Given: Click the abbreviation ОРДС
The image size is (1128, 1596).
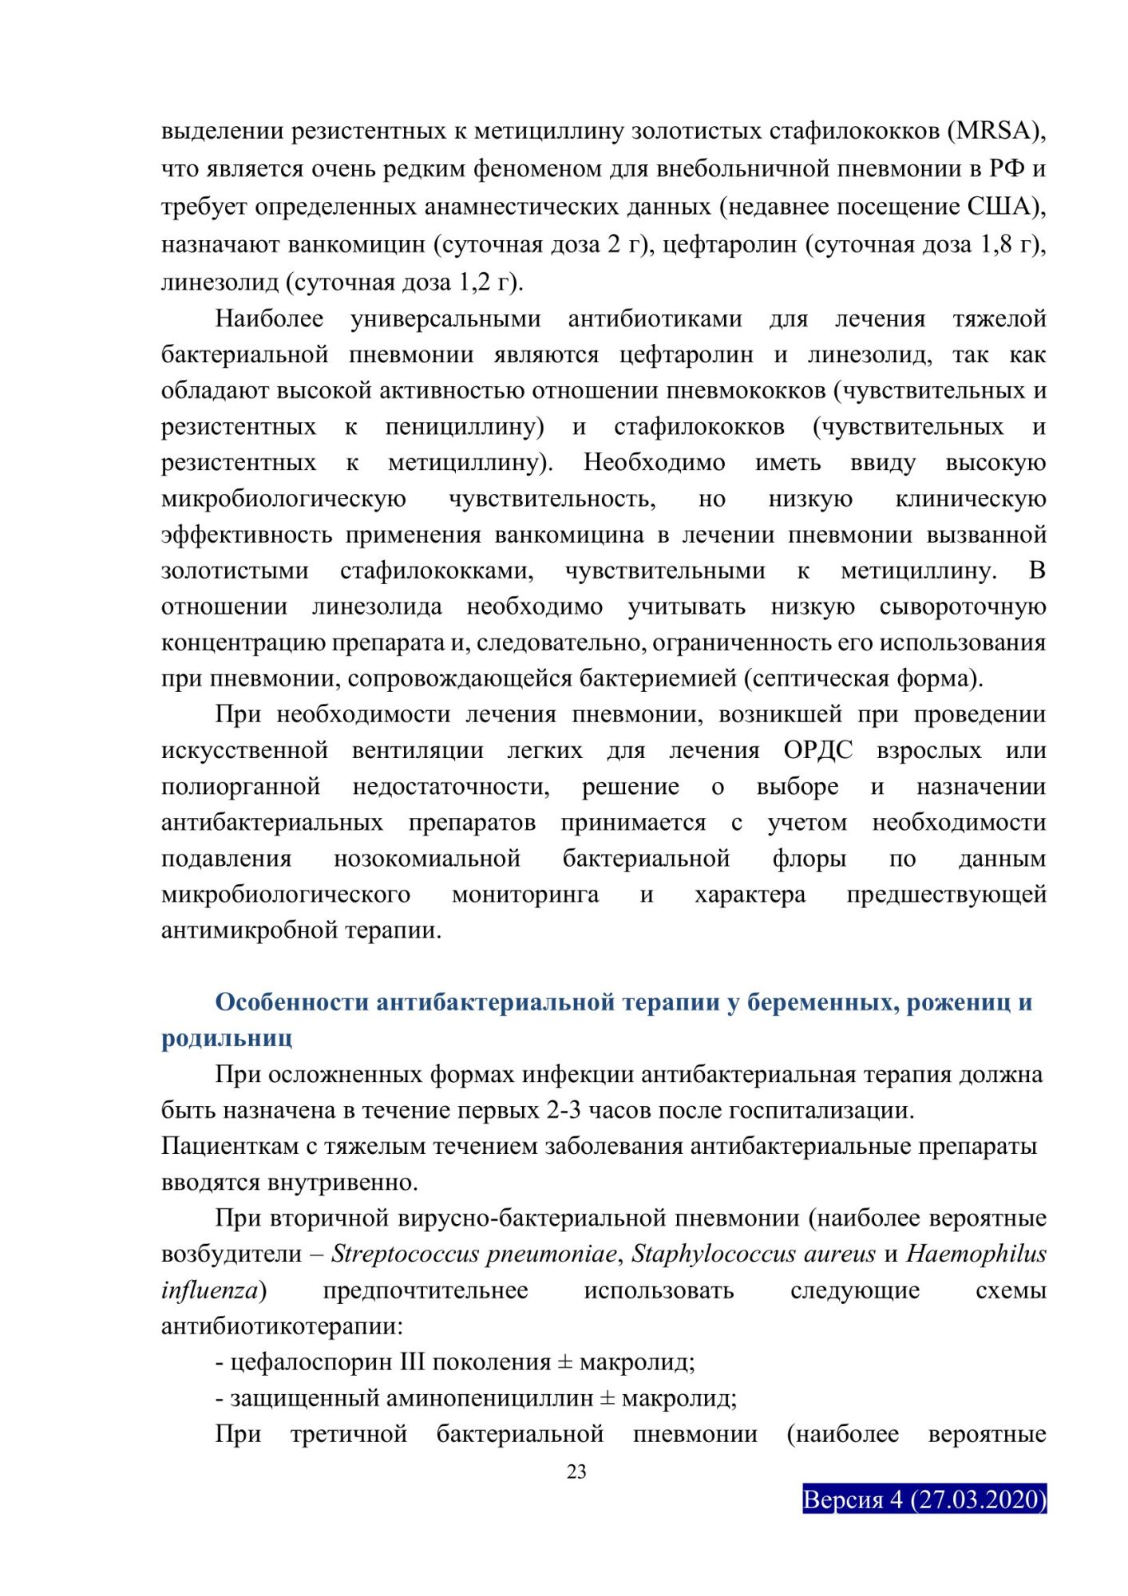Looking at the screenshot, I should pyautogui.click(x=817, y=751).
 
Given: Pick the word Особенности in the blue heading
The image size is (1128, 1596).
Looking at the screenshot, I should pyautogui.click(x=291, y=1002).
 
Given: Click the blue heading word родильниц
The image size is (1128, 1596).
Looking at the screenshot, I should pyautogui.click(x=227, y=1038).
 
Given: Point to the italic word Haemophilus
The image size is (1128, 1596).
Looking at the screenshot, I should pyautogui.click(x=976, y=1254).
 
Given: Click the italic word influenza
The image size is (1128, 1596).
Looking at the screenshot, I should pyautogui.click(x=210, y=1290).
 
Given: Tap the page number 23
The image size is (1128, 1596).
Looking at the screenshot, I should pyautogui.click(x=576, y=1472).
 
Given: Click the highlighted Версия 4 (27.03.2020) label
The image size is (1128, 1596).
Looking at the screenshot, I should pyautogui.click(x=924, y=1499).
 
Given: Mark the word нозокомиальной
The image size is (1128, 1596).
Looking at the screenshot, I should pyautogui.click(x=427, y=859).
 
